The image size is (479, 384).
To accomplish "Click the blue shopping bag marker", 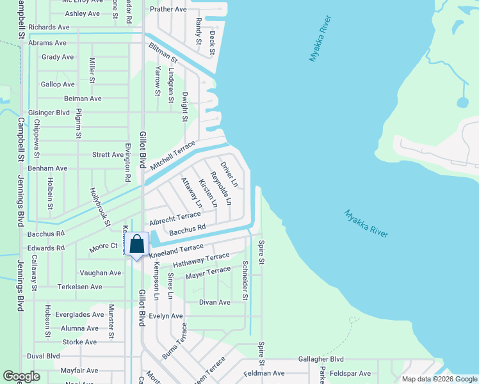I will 137,244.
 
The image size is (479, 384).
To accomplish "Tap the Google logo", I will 21,376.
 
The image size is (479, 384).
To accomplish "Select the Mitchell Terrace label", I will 172,156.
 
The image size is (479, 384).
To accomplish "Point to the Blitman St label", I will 163,51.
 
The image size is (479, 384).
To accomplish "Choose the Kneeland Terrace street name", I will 176,251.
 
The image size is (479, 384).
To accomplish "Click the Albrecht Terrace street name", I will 175,219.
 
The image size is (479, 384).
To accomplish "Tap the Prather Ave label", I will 168,10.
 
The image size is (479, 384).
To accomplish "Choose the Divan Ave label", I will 215,302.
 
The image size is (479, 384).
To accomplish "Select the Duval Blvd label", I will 43,356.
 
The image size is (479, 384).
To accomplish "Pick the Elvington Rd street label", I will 128,164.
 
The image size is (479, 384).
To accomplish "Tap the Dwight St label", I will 184,107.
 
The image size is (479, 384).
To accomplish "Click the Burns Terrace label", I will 174,340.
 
